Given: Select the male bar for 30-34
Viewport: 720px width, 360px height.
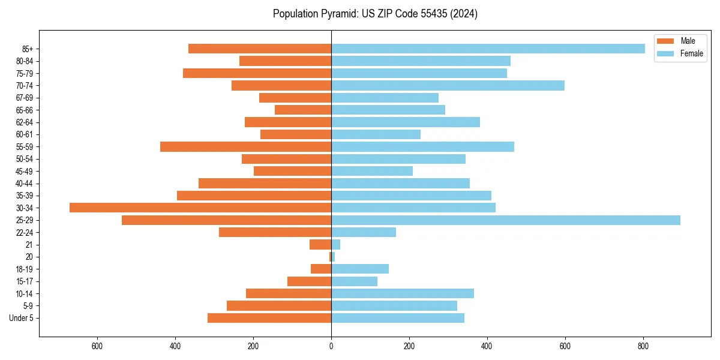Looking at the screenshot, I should pyautogui.click(x=200, y=208).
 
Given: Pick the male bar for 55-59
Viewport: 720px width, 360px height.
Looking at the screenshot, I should pyautogui.click(x=245, y=146).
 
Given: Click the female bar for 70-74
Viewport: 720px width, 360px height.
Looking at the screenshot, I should pyautogui.click(x=448, y=85).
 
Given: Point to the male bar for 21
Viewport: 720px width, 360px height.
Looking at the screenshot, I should pyautogui.click(x=320, y=245).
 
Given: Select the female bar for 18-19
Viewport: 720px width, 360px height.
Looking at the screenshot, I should pyautogui.click(x=360, y=269).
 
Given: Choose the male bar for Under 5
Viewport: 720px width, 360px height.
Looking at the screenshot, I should pyautogui.click(x=269, y=318).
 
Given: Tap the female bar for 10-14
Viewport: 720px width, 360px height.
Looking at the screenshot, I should pyautogui.click(x=403, y=293).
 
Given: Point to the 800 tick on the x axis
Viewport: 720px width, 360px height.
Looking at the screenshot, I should pyautogui.click(x=643, y=346).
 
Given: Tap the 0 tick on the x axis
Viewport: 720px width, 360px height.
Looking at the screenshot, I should pyautogui.click(x=331, y=346).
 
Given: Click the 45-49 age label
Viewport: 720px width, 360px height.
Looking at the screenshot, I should pyautogui.click(x=25, y=171).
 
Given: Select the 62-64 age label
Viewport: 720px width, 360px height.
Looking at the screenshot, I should pyautogui.click(x=25, y=122).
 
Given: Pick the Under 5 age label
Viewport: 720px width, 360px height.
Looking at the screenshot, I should pyautogui.click(x=22, y=318).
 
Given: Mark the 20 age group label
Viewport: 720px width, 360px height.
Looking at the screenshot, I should pyautogui.click(x=29, y=257).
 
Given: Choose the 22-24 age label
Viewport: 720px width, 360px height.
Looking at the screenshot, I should pyautogui.click(x=25, y=232).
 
